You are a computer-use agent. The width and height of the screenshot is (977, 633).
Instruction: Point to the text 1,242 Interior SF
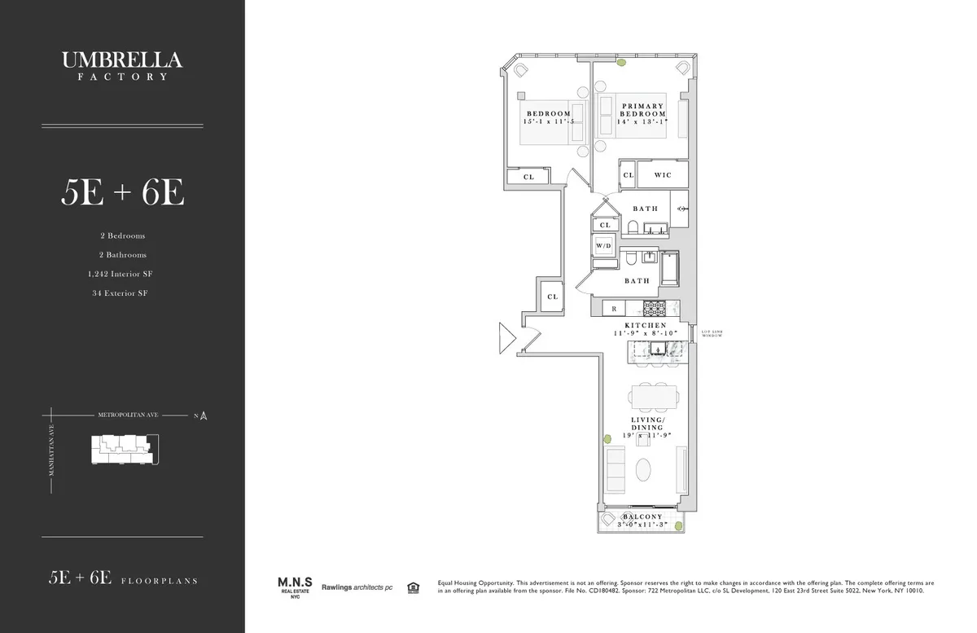(x=121, y=274)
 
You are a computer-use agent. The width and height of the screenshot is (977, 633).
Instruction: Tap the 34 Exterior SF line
(x=121, y=292)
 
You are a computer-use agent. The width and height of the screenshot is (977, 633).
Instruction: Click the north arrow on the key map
(x=204, y=416)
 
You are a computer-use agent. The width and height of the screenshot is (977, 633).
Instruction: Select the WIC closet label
(x=662, y=175)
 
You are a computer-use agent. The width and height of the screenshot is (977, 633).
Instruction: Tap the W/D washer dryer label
(x=603, y=244)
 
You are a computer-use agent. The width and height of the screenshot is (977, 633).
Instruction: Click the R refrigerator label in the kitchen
(x=614, y=309)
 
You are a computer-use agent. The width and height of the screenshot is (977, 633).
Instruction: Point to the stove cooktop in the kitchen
(x=655, y=309)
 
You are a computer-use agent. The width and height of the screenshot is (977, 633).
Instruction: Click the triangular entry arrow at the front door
(x=507, y=337)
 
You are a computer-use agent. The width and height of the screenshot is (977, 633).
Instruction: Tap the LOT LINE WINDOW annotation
(x=711, y=334)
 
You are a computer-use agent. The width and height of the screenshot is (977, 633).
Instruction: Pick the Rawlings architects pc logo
(x=357, y=587)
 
